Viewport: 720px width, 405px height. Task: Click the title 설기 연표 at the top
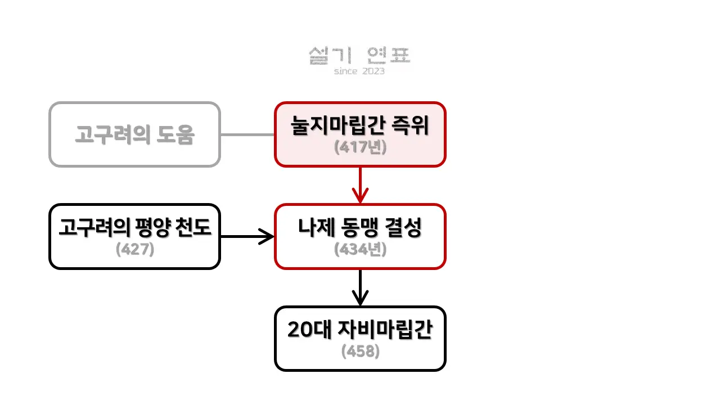click(359, 56)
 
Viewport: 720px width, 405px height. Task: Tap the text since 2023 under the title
click(359, 71)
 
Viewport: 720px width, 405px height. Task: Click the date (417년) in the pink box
click(360, 147)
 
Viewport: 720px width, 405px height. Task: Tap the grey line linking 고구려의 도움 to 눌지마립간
click(247, 135)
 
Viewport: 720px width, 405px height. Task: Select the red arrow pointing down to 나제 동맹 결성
click(360, 186)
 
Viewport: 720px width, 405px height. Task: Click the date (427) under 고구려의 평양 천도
click(135, 249)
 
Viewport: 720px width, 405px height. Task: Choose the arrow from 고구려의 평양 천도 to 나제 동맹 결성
click(247, 236)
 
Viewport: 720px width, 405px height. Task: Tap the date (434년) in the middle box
click(360, 249)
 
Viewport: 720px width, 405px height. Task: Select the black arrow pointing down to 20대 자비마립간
click(360, 288)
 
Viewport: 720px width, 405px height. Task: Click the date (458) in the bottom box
click(360, 352)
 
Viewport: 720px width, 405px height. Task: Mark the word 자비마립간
click(385, 330)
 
